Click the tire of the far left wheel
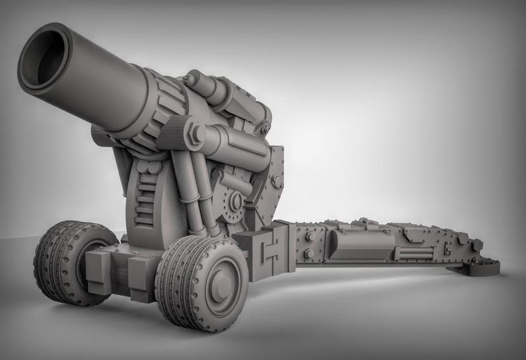[x=53, y=263]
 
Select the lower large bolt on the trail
[x=307, y=253]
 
